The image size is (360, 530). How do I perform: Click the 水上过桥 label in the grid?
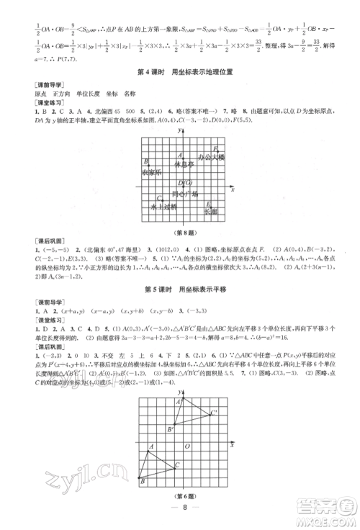click(x=163, y=207)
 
